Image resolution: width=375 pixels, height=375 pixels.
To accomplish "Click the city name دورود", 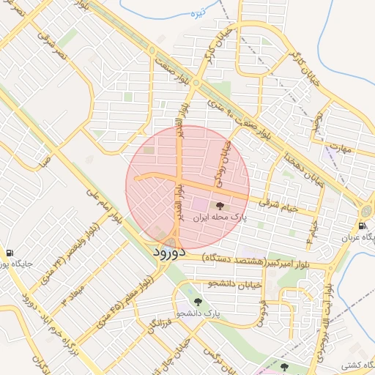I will tap(172, 252).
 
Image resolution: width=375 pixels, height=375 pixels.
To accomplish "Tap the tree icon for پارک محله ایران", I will tap(220, 206).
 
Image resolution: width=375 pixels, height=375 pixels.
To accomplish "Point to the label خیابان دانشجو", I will tap(234, 283).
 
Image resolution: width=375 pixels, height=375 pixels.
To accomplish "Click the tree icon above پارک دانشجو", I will tap(197, 301).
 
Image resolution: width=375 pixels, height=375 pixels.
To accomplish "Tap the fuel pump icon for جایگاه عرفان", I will tap(363, 226).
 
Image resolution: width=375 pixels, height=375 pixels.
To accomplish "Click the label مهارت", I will tap(341, 149).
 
